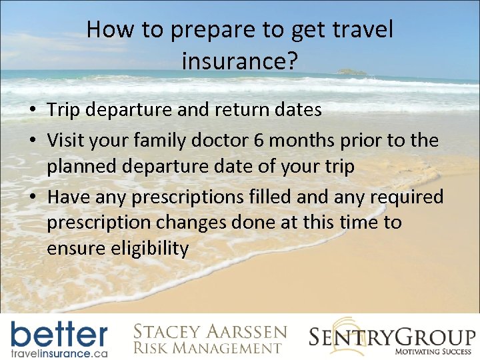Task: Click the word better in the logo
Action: click(59, 334)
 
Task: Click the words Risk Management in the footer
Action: click(207, 347)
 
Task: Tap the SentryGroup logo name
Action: click(392, 335)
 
